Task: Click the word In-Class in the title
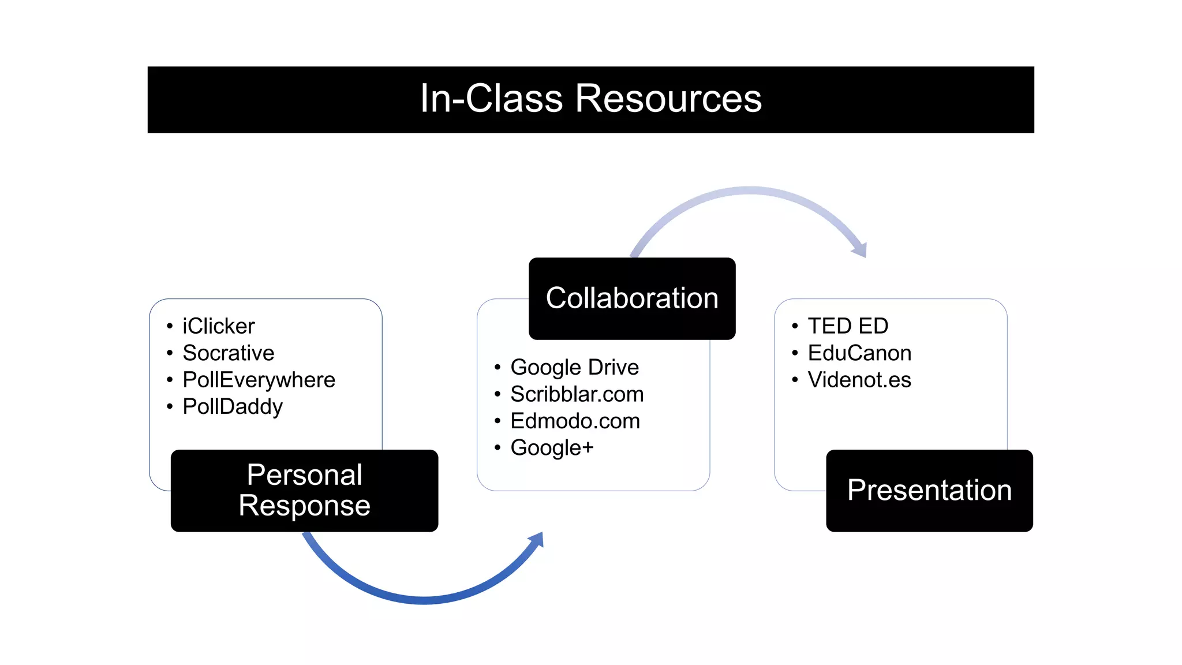pyautogui.click(x=491, y=99)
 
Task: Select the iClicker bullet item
pyautogui.click(x=218, y=326)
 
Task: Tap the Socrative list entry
pyautogui.click(x=228, y=353)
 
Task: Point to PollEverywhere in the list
pyautogui.click(x=259, y=380)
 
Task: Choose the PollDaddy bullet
pyautogui.click(x=232, y=406)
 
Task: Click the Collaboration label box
pyautogui.click(x=632, y=298)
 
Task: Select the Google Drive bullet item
pyautogui.click(x=574, y=367)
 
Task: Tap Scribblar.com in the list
pyautogui.click(x=577, y=394)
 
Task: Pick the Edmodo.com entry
pyautogui.click(x=575, y=421)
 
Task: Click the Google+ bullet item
pyautogui.click(x=552, y=447)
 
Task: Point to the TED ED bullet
pyautogui.click(x=847, y=326)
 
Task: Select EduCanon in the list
pyautogui.click(x=859, y=353)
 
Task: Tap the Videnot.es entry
pyautogui.click(x=859, y=380)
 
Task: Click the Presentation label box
pyautogui.click(x=929, y=491)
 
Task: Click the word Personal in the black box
pyautogui.click(x=304, y=475)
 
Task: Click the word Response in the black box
pyautogui.click(x=304, y=506)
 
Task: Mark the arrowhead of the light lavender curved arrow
pyautogui.click(x=860, y=249)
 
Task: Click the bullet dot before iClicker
pyautogui.click(x=170, y=326)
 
